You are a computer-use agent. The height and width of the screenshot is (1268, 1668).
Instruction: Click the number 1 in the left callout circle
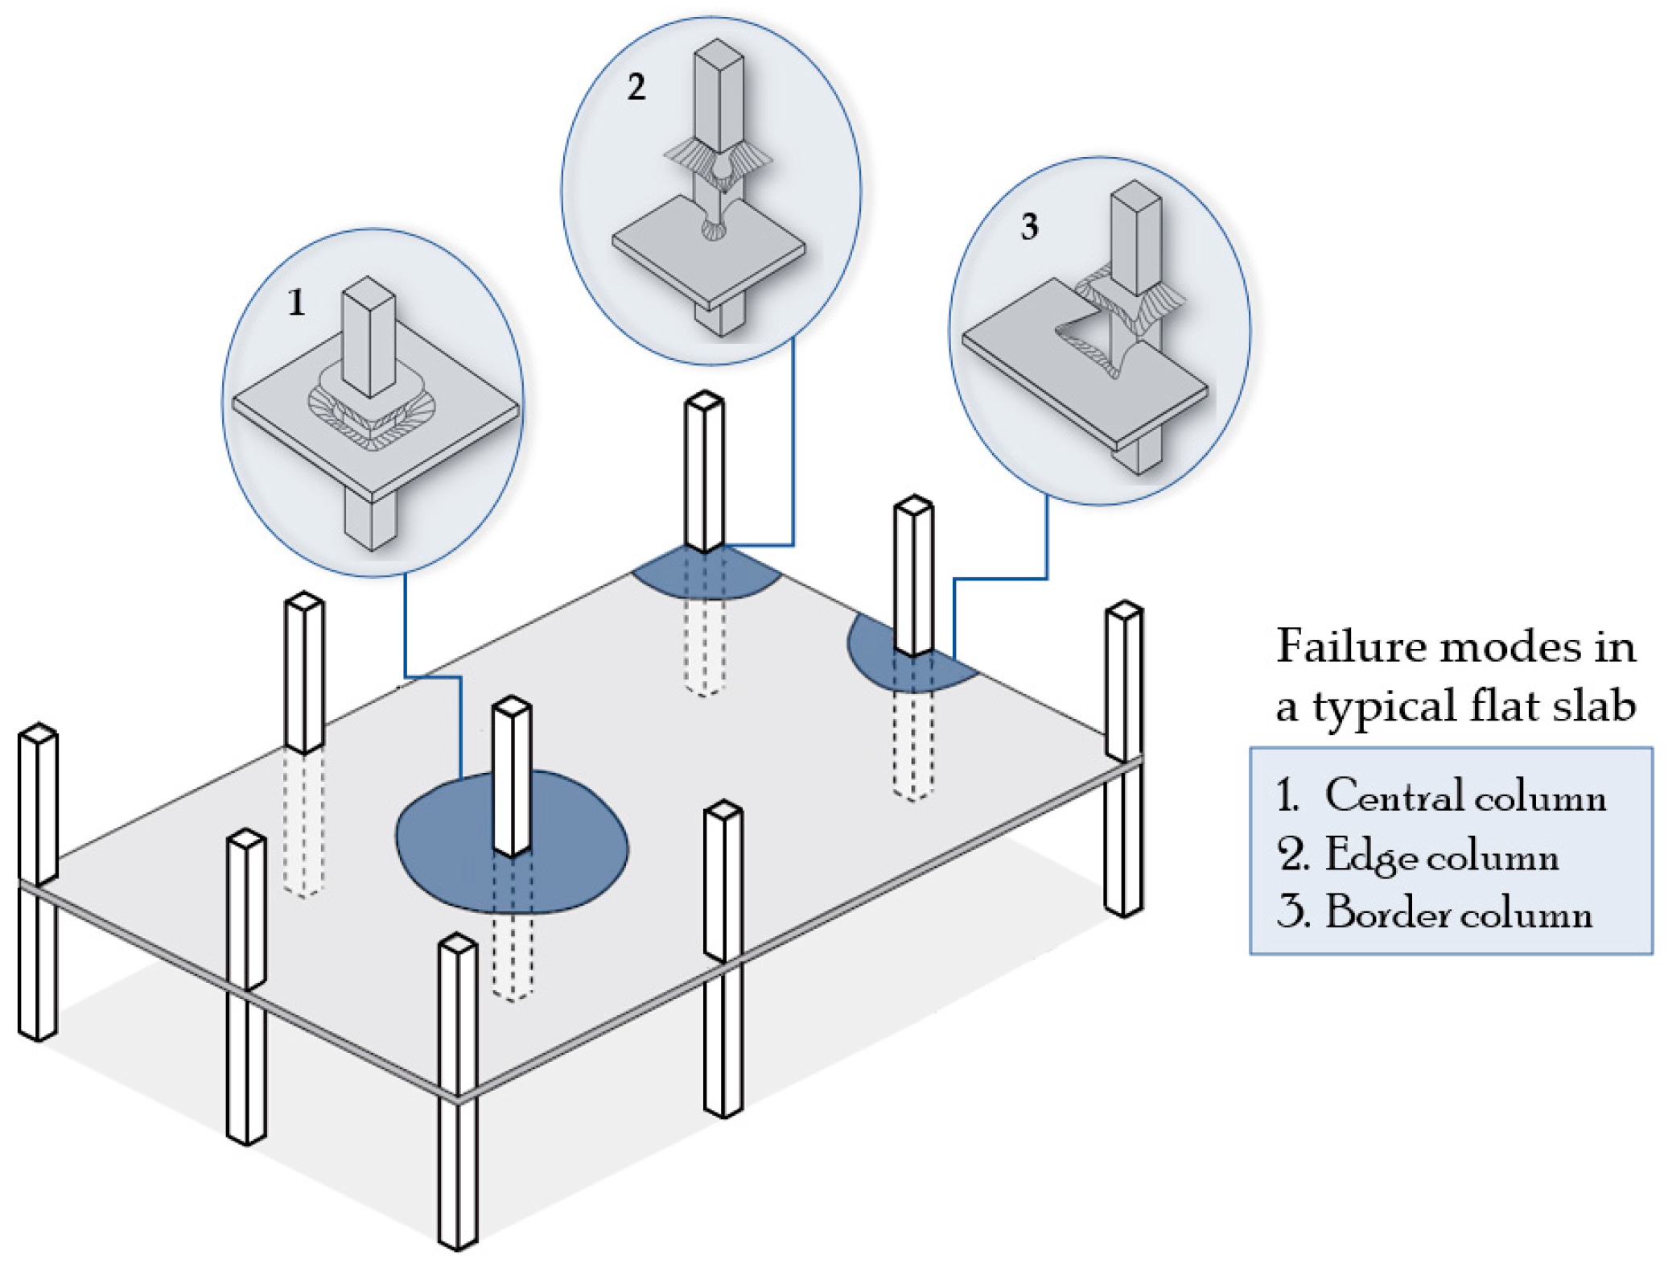coord(296,303)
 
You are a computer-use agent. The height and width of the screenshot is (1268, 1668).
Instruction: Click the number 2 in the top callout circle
coord(636,87)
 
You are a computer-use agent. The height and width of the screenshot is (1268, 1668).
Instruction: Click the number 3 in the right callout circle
coord(1029,227)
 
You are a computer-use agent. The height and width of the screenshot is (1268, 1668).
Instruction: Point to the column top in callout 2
coord(718,52)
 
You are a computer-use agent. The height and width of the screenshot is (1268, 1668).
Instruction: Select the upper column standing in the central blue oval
coord(512,773)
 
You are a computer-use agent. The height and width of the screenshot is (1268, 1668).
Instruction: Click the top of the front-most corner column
coord(458,944)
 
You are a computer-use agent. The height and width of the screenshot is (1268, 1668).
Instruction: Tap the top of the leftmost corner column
coord(38,733)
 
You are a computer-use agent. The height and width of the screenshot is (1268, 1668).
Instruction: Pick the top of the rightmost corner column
coord(1124,610)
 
